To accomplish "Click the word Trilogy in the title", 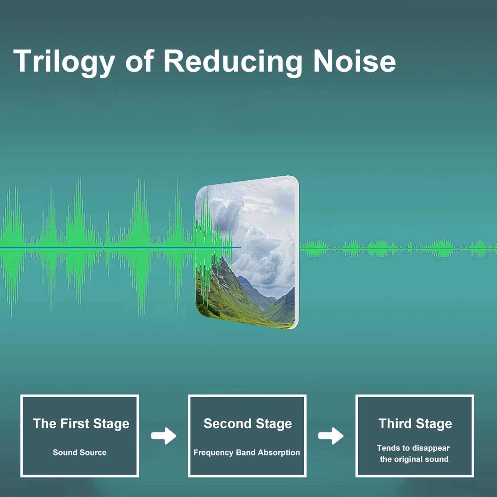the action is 64,62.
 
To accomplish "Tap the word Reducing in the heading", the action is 233,62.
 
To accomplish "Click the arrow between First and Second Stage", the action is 164,436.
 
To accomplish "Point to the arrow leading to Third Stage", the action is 331,436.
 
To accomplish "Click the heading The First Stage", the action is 81,424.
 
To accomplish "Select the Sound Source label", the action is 80,452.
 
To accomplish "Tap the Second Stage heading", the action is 248,424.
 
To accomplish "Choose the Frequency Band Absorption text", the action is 247,453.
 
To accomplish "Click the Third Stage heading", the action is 415,424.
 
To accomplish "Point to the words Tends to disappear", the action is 413,448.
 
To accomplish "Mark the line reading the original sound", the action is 414,459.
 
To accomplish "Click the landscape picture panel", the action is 247,252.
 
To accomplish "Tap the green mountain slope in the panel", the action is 229,292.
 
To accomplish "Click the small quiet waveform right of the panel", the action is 398,248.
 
